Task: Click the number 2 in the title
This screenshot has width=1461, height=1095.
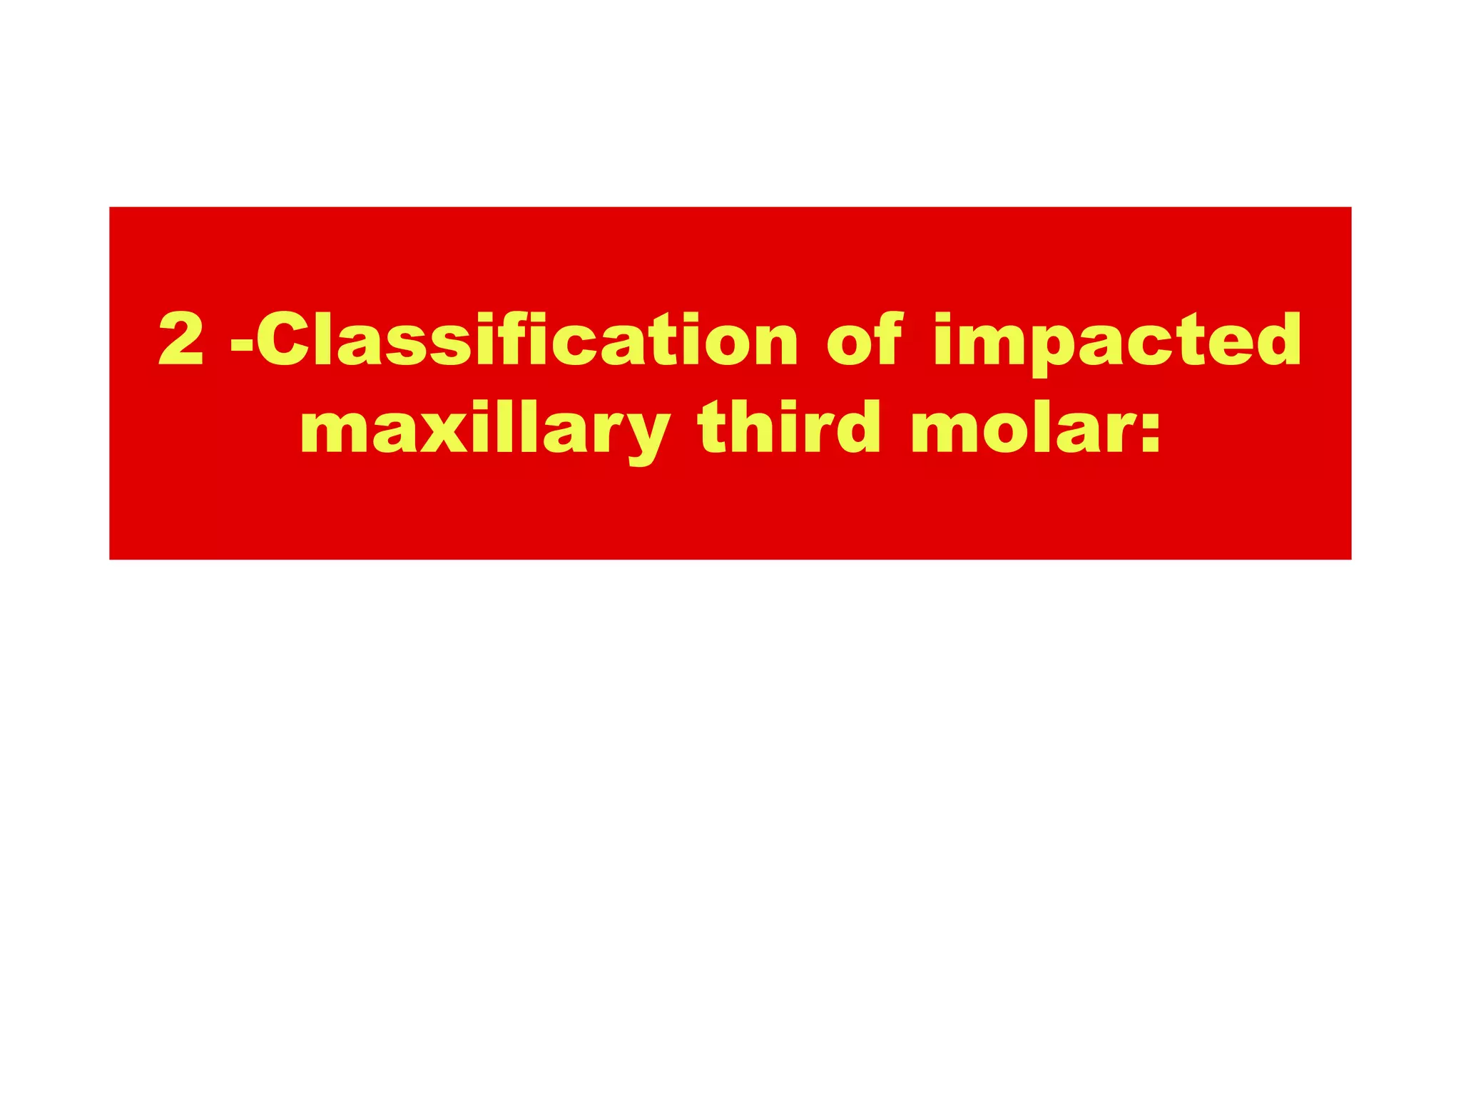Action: pyautogui.click(x=181, y=339)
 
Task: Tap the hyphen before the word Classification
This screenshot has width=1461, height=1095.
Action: pyautogui.click(x=242, y=345)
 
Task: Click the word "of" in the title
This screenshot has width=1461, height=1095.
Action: pyautogui.click(x=864, y=339)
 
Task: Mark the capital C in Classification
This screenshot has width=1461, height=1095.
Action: pyautogui.click(x=282, y=339)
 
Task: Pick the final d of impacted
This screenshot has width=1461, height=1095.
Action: pyautogui.click(x=1273, y=339)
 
